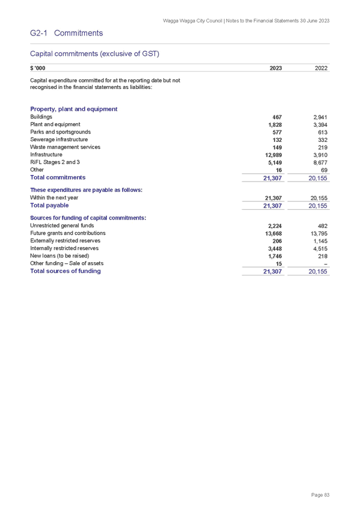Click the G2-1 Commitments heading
(x=66, y=33)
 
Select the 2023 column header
(x=275, y=68)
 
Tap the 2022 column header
(x=321, y=68)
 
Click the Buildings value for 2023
(x=277, y=117)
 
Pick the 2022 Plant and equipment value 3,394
(x=320, y=125)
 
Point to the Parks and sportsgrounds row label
(x=61, y=132)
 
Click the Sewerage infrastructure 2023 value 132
(x=277, y=140)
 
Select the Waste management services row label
(x=66, y=147)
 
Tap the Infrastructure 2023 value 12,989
(x=273, y=155)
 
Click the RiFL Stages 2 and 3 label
(x=55, y=162)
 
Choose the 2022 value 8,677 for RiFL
(x=320, y=162)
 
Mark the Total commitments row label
(x=58, y=177)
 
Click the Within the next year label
(x=54, y=197)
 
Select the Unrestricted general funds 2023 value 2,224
(x=275, y=226)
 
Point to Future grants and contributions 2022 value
(x=319, y=233)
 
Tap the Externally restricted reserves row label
(x=66, y=241)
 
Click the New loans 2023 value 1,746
(x=275, y=256)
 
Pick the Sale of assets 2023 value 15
(x=279, y=264)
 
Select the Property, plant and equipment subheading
(x=74, y=109)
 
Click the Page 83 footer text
(x=320, y=495)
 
